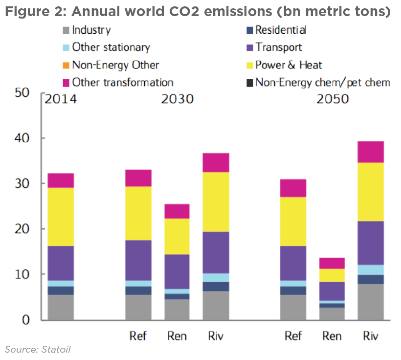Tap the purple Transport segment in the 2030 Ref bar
pyautogui.click(x=138, y=260)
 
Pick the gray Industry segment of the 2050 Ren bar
pyautogui.click(x=332, y=314)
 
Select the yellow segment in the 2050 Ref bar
pyautogui.click(x=293, y=221)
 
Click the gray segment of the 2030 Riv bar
pyautogui.click(x=216, y=305)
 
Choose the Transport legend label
pyautogui.click(x=279, y=47)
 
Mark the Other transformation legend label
pyautogui.click(x=122, y=83)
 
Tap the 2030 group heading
pyautogui.click(x=177, y=99)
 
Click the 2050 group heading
pyautogui.click(x=333, y=99)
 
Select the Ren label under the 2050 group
pyautogui.click(x=333, y=336)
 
